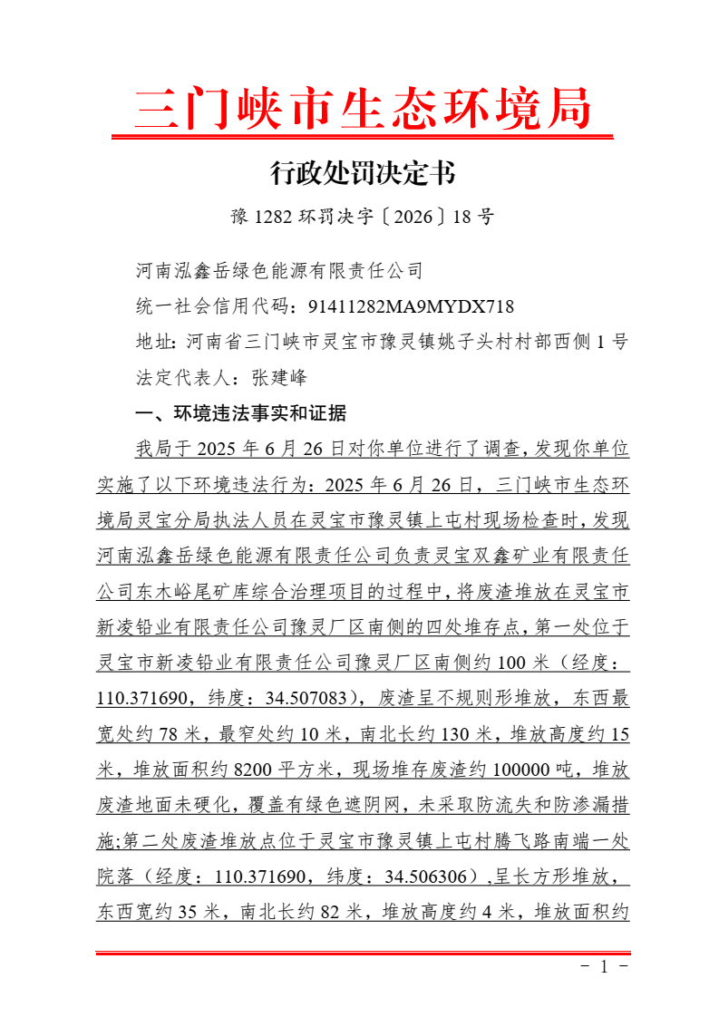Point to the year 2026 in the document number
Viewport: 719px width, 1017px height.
[413, 217]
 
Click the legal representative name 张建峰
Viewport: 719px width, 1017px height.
[280, 378]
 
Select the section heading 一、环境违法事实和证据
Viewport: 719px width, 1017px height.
[239, 414]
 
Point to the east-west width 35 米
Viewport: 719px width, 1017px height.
[199, 912]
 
